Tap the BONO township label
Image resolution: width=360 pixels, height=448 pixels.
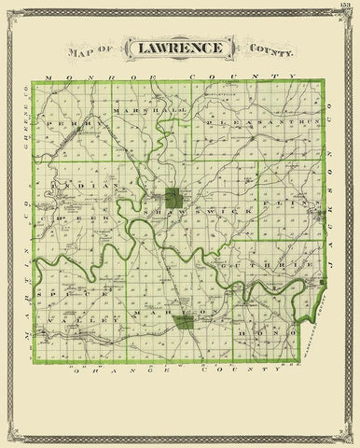(267, 332)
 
